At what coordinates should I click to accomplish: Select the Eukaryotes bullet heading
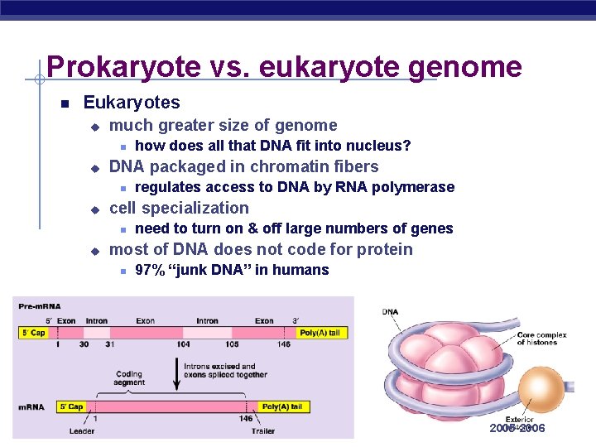132,103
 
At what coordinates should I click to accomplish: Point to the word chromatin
281,166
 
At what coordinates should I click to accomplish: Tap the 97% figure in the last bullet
149,270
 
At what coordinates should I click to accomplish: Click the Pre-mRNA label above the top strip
40,306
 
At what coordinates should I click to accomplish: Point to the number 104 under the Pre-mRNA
183,344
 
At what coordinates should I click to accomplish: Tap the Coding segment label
129,378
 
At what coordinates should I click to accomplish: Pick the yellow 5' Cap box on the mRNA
72,406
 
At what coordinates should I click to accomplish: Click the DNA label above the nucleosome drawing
390,312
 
